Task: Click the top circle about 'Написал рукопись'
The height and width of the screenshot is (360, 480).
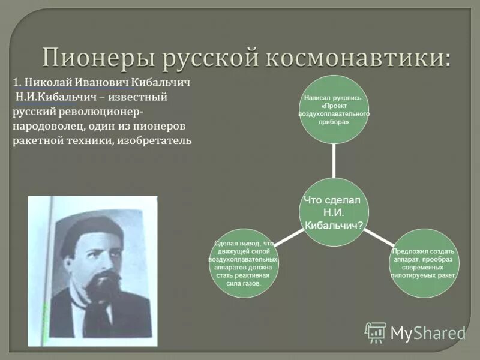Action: click(334, 109)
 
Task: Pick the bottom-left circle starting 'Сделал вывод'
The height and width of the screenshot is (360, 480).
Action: click(244, 263)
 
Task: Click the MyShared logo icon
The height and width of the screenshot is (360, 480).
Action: click(376, 332)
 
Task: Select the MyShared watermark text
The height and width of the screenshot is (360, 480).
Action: click(428, 332)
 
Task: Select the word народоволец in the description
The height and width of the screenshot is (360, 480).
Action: click(49, 126)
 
